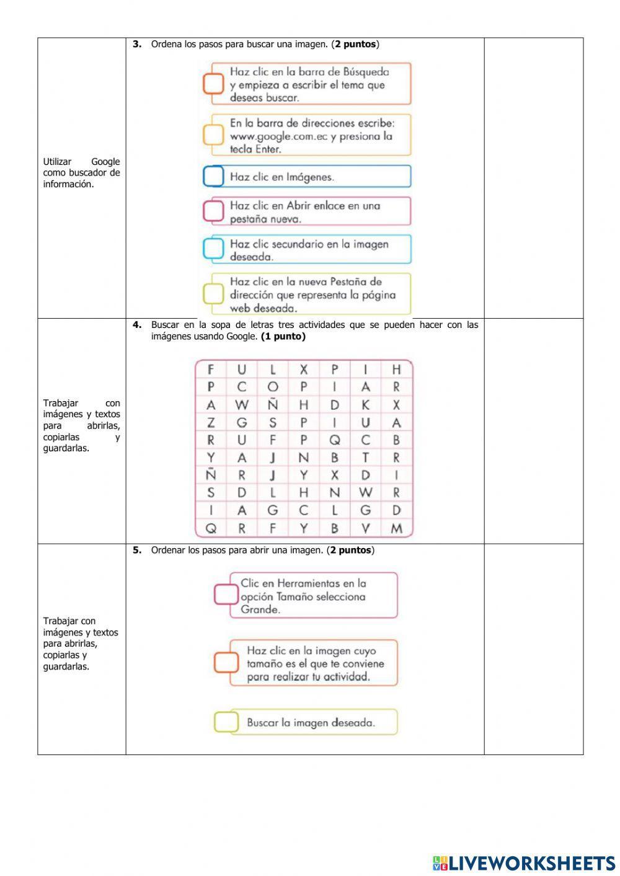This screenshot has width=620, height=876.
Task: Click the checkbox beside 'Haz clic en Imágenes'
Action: [x=213, y=177]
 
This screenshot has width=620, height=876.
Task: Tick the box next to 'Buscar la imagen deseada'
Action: [x=226, y=722]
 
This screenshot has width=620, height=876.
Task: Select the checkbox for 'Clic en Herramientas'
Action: [x=226, y=595]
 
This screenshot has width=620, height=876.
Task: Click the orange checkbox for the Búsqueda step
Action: [x=213, y=84]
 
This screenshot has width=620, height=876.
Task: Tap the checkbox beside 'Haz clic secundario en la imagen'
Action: [x=213, y=249]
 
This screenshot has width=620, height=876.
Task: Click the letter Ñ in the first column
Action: [x=211, y=476]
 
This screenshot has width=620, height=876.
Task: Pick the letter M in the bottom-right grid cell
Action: [x=397, y=529]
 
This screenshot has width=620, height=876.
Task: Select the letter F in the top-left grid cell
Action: [x=211, y=370]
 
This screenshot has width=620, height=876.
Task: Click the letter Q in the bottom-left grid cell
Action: [x=211, y=529]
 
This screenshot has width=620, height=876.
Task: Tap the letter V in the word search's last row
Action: [x=366, y=529]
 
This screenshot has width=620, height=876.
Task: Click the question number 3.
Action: [x=137, y=44]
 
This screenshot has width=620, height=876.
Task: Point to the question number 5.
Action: [x=137, y=550]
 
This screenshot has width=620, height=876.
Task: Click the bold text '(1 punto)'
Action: [x=283, y=337]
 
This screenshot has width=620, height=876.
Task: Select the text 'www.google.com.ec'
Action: [x=278, y=136]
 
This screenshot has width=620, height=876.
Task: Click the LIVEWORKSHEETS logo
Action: [x=523, y=862]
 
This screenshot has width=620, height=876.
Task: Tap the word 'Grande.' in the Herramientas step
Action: [x=260, y=609]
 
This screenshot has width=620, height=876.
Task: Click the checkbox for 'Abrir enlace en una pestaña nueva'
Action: [x=213, y=211]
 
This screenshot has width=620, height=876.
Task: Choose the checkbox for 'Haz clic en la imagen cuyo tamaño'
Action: [x=226, y=663]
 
